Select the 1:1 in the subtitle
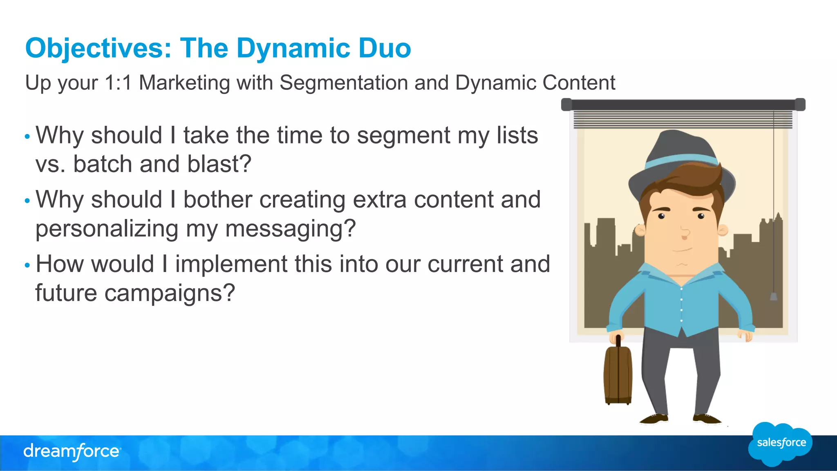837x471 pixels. point(118,83)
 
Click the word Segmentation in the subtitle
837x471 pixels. point(343,83)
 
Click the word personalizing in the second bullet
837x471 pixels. point(107,228)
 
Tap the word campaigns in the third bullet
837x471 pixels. point(169,293)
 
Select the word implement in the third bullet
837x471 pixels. point(231,264)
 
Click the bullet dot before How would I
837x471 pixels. point(27,266)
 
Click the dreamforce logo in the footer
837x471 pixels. point(72,451)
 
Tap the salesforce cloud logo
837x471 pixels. point(781,444)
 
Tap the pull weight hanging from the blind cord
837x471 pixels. point(774,296)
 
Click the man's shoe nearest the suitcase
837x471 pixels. point(654,419)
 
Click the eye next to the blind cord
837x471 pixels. point(701,216)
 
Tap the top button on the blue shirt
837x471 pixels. point(681,289)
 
